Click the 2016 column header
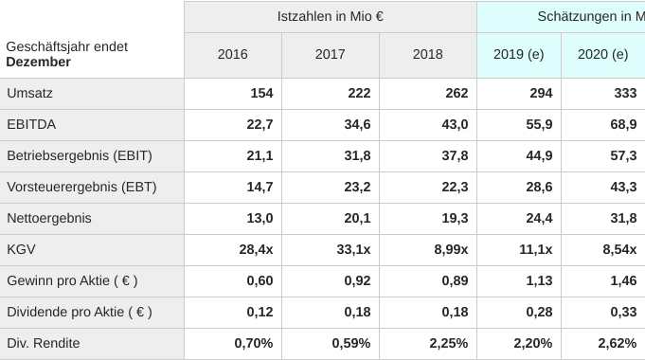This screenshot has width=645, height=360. [232, 55]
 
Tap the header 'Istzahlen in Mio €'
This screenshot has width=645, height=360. [330, 16]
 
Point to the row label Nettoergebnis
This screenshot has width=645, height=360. [49, 219]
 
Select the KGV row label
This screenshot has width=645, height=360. [22, 250]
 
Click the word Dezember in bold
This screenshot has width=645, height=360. [38, 63]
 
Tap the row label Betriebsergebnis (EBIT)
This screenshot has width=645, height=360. [80, 156]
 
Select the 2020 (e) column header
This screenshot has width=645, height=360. [603, 55]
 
